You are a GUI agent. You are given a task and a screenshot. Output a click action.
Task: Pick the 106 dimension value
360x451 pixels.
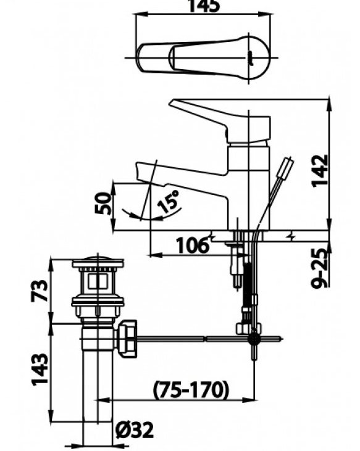(191, 246)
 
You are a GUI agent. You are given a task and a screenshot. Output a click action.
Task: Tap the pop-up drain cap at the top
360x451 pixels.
(98, 264)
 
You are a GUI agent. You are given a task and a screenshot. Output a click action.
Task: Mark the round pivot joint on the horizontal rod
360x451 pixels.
(253, 339)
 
